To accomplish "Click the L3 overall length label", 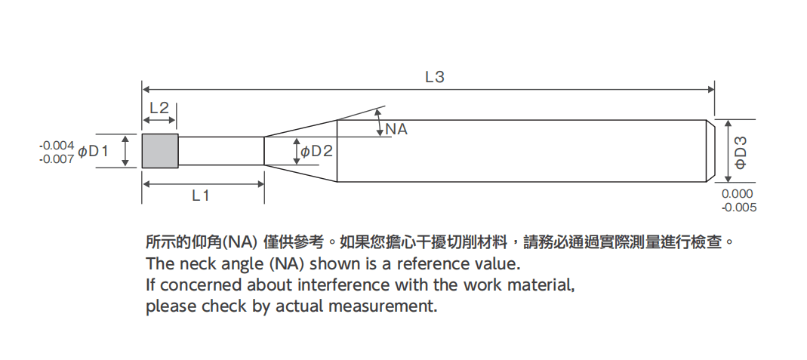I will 434,76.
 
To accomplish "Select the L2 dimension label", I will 159,108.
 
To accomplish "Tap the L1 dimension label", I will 201,195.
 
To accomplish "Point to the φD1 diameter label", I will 94,151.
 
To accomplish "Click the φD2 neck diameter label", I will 317,151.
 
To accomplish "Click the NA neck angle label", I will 396,129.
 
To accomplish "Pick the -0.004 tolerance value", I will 56,145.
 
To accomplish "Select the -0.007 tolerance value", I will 56,158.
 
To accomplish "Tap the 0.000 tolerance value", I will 738,194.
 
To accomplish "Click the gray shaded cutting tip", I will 160,151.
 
